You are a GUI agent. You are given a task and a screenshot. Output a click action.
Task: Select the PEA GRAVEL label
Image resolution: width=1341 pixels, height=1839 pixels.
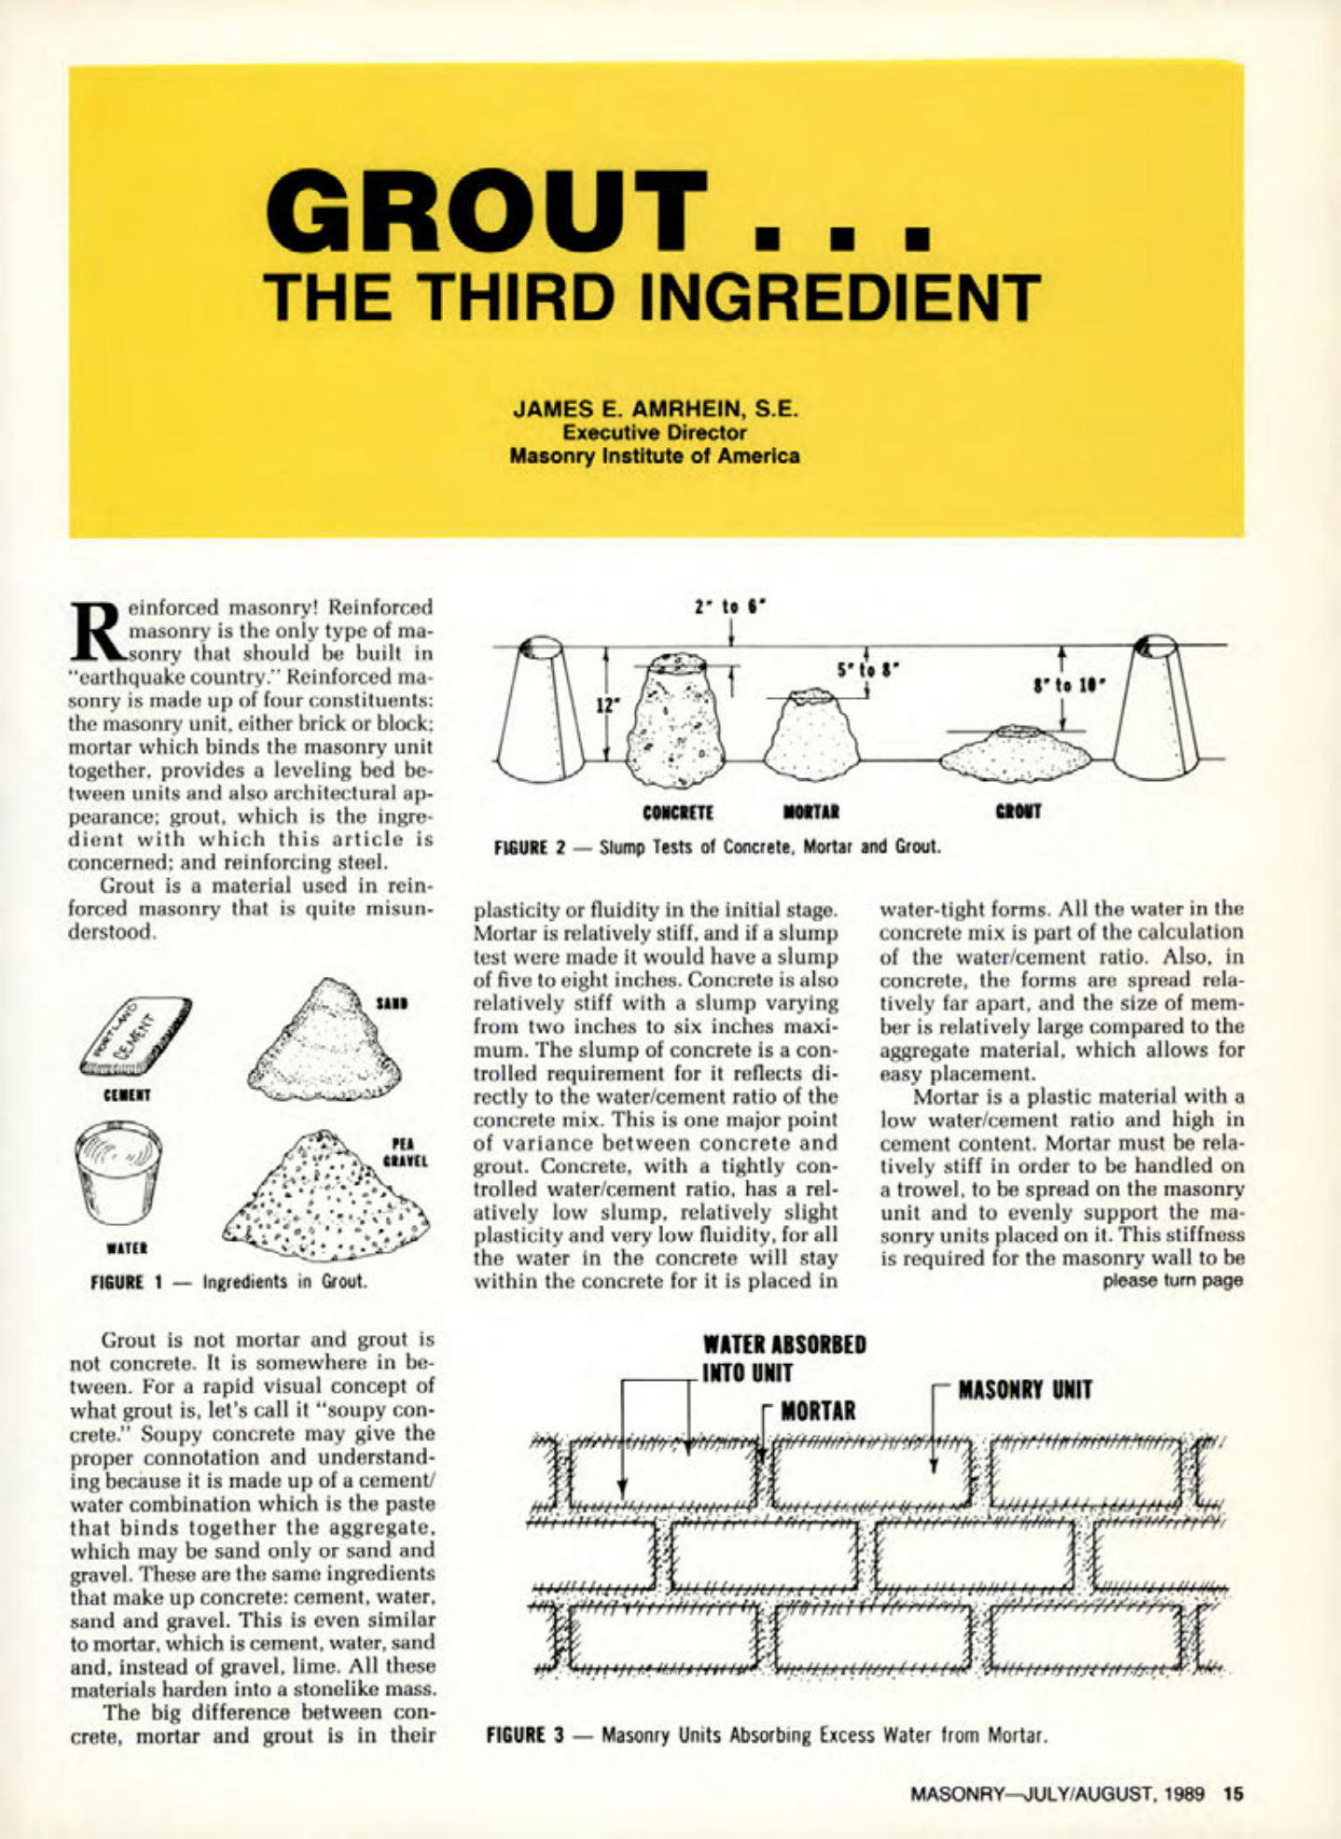[x=406, y=1153]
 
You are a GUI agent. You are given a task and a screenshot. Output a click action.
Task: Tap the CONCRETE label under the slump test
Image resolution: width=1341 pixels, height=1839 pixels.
[x=678, y=813]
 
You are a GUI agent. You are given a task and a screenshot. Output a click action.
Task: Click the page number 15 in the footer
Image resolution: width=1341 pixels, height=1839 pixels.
[x=1234, y=1793]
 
